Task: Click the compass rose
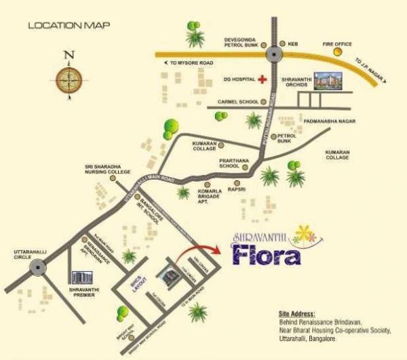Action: (68, 79)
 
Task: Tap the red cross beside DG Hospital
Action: (260, 79)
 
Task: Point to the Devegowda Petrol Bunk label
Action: (242, 44)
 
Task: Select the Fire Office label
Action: (337, 44)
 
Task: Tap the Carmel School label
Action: (237, 102)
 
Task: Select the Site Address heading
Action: (296, 314)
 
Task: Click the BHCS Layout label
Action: (142, 291)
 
